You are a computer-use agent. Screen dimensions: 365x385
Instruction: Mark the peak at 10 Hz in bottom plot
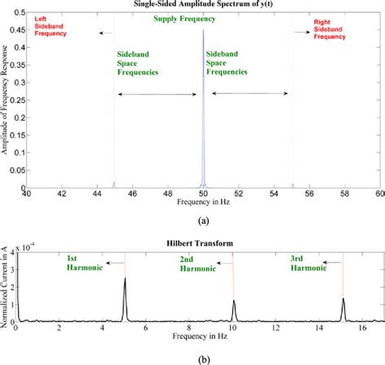(234, 302)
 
